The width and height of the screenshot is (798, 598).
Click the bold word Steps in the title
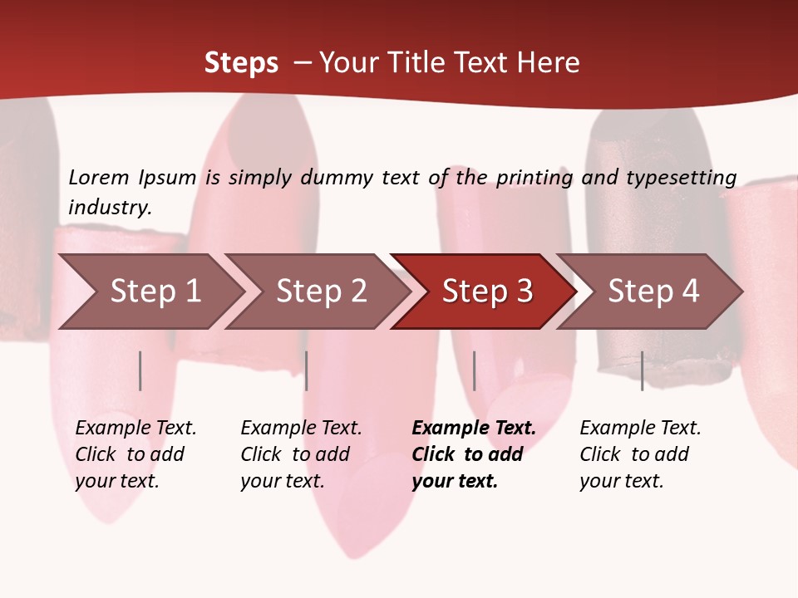click(241, 63)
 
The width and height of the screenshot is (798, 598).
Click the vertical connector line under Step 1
click(140, 370)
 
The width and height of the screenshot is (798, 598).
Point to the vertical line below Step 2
click(307, 370)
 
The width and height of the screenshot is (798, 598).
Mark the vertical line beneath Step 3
click(474, 370)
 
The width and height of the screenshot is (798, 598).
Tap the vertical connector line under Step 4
click(642, 370)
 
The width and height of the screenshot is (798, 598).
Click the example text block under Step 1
click(135, 454)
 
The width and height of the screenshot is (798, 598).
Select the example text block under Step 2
click(301, 454)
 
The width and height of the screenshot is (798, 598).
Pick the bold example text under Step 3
click(474, 454)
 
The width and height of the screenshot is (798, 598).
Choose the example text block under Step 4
click(640, 454)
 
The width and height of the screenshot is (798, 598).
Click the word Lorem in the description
click(98, 177)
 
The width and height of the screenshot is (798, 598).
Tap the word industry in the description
click(110, 208)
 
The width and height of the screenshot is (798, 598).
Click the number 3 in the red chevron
click(524, 291)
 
